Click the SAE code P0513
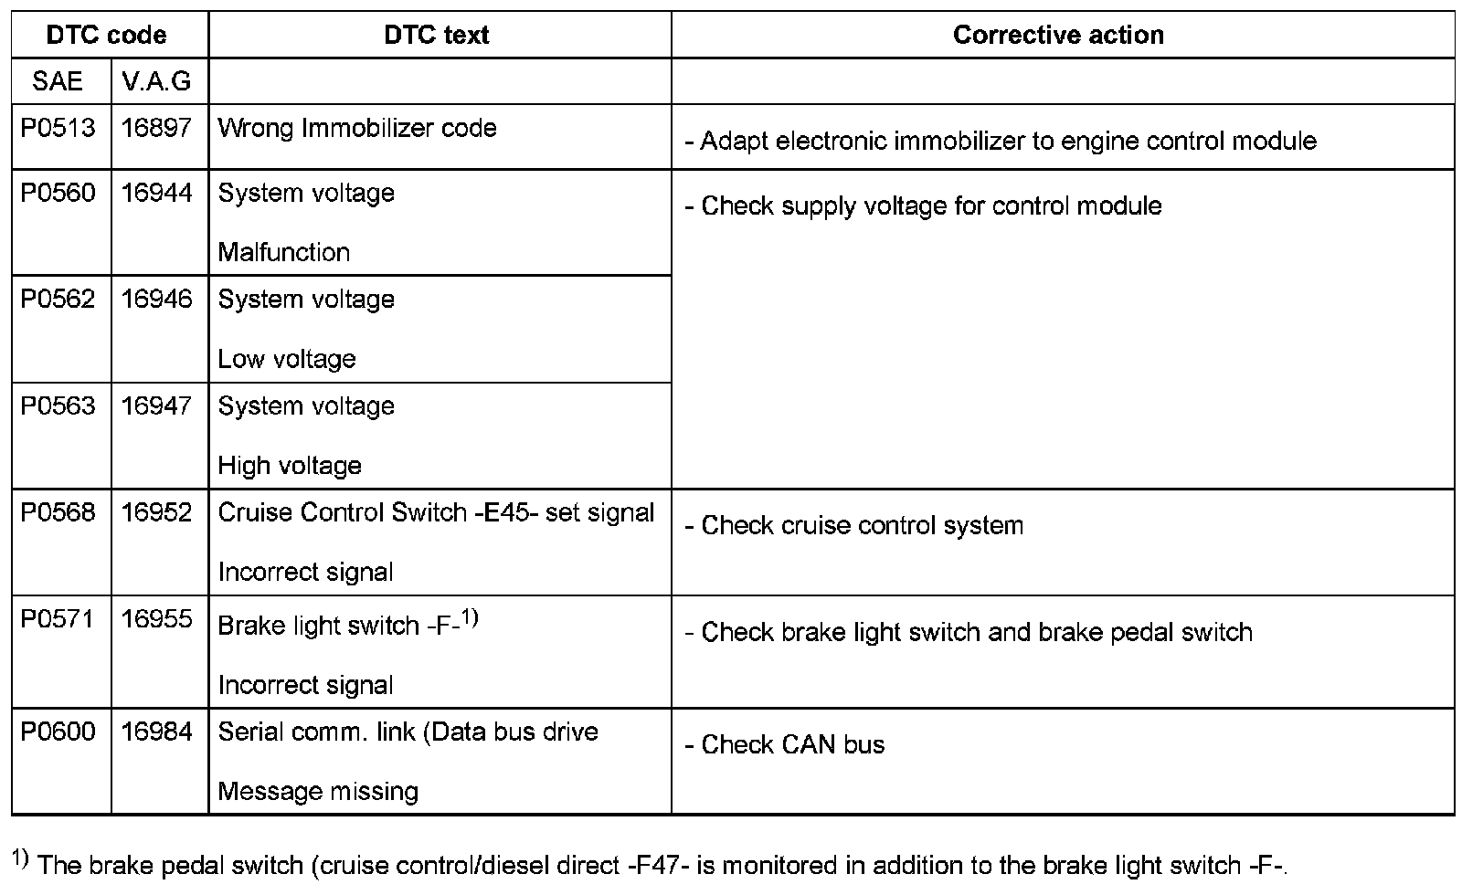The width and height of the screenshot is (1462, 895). [x=58, y=128]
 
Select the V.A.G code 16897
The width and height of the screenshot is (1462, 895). [x=157, y=128]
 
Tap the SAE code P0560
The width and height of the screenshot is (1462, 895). [x=58, y=193]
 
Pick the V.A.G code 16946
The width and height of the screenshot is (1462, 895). [x=157, y=300]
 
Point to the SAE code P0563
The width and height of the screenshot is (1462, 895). [x=58, y=405]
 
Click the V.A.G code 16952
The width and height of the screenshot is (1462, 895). [x=157, y=512]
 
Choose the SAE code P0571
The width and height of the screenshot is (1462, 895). [x=58, y=619]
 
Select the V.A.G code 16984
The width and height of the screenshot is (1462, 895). [x=157, y=732]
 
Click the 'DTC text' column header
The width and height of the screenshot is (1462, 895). [x=437, y=36]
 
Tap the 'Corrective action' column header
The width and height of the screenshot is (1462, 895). [x=1058, y=36]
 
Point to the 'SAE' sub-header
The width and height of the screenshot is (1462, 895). [x=58, y=81]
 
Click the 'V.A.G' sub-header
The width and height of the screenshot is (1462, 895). [x=157, y=81]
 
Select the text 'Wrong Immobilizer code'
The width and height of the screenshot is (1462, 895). [x=357, y=128]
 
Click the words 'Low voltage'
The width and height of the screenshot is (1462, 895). [x=287, y=359]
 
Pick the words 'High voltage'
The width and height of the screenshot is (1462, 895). [x=290, y=466]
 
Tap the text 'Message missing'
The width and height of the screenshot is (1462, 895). [x=318, y=791]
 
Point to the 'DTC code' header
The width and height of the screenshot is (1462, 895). [x=107, y=36]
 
